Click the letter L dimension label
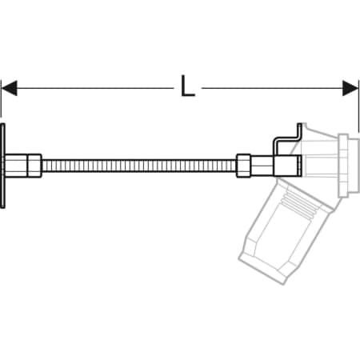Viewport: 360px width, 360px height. [x=188, y=86]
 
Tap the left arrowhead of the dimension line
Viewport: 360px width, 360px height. [x=10, y=88]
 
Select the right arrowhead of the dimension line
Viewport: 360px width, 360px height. [x=350, y=88]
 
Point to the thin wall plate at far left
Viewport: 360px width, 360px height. [x=2, y=166]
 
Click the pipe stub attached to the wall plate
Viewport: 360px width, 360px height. [x=16, y=166]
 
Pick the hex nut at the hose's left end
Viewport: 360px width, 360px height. [x=34, y=166]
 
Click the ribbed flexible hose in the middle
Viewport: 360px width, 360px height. [x=139, y=166]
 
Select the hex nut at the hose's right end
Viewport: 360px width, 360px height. [x=243, y=166]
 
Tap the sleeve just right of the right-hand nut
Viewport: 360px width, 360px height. [x=262, y=166]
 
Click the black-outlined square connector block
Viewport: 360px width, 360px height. [x=288, y=166]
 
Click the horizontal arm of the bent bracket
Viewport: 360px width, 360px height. [x=286, y=138]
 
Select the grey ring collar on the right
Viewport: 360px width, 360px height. [x=343, y=166]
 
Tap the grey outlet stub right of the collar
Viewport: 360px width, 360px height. [x=354, y=166]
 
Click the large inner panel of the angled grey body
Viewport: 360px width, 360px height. [x=283, y=234]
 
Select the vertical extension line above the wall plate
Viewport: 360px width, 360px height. [x=1, y=98]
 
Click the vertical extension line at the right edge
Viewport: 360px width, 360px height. [x=359, y=106]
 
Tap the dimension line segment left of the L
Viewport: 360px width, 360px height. [x=95, y=88]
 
